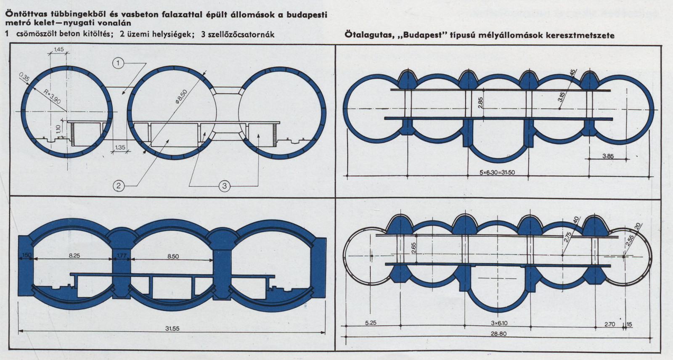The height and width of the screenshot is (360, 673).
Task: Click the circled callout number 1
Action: click(118, 63)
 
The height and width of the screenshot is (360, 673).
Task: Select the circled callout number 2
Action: click(119, 186)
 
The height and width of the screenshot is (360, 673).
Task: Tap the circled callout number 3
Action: click(224, 186)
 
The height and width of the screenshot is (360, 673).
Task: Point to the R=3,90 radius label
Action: click(52, 96)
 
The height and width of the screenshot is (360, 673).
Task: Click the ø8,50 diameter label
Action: click(181, 97)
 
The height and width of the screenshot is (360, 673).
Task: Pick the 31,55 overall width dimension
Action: click(172, 328)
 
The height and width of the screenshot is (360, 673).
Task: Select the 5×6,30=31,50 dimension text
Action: click(497, 172)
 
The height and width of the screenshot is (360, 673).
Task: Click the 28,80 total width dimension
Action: click(499, 334)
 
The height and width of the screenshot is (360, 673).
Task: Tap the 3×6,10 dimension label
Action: click(499, 323)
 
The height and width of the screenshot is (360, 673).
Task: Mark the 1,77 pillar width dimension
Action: click(122, 256)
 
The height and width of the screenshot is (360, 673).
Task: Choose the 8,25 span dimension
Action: click(75, 255)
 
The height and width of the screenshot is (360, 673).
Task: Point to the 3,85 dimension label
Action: click(608, 156)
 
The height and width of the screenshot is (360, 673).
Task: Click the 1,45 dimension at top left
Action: click(58, 49)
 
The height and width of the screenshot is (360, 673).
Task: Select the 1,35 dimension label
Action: click(120, 147)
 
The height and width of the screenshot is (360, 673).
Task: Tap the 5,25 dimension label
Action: click(371, 323)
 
